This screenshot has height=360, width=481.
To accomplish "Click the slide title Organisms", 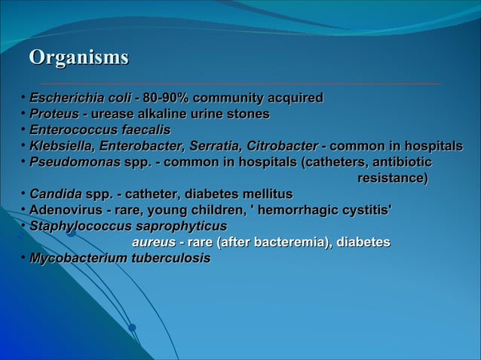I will tap(78, 58).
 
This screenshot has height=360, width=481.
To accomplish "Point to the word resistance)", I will tap(392, 178).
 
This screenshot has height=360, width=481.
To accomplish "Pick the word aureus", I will tap(154, 243).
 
